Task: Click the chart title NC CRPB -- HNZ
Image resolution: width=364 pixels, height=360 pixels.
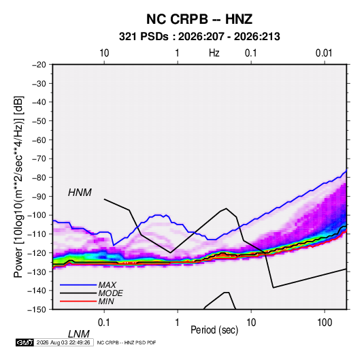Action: tap(199, 19)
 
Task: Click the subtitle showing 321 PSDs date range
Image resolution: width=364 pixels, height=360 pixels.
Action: tap(199, 37)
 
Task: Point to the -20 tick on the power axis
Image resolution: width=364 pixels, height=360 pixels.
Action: tap(39, 65)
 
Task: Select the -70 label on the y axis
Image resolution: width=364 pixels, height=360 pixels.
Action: tap(39, 159)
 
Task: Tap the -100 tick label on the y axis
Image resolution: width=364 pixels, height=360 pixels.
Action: tap(37, 215)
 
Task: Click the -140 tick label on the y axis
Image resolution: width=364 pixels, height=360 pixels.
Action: tap(37, 291)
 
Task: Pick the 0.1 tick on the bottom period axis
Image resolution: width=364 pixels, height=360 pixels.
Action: tap(104, 322)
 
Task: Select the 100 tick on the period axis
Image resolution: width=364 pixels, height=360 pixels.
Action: tap(325, 322)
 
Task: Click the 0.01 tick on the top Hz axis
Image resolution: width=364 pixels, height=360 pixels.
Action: tap(324, 53)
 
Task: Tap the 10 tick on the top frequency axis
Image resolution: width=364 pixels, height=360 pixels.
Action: tap(104, 53)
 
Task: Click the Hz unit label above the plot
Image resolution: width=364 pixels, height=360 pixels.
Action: tap(214, 53)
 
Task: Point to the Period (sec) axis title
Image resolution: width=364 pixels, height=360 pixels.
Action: tap(214, 330)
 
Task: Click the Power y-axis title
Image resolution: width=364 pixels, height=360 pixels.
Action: tap(18, 187)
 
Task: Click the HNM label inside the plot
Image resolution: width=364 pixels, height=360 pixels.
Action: tap(80, 193)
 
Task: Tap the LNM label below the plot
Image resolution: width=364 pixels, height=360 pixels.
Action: tap(78, 334)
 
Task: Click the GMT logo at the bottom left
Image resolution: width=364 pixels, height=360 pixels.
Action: tap(25, 342)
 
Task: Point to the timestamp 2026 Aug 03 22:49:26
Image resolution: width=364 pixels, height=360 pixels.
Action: tap(63, 342)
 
